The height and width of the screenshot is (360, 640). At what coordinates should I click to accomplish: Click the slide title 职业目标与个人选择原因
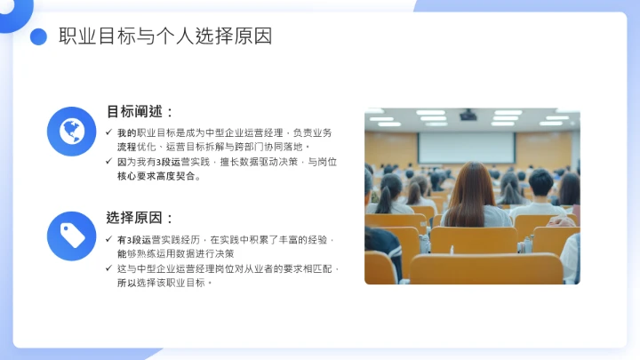tap(165, 36)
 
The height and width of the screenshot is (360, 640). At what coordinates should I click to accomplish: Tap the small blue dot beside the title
tap(38, 36)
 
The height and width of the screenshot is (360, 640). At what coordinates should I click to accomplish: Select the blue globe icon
tap(71, 132)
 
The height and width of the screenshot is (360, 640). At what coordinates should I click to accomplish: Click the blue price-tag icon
tap(71, 236)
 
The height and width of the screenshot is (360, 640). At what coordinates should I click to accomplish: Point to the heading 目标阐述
tap(140, 112)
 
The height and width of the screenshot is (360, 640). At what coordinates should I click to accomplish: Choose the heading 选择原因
tap(140, 218)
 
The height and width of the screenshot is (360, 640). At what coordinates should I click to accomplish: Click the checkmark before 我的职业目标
tap(108, 132)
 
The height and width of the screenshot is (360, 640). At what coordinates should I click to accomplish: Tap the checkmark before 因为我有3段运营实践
tap(108, 163)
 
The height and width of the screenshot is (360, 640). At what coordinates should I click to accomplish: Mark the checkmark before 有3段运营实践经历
tap(108, 240)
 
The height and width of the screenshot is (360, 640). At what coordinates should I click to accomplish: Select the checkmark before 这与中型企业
tap(108, 268)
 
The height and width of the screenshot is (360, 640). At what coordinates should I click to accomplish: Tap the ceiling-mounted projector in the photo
tap(468, 115)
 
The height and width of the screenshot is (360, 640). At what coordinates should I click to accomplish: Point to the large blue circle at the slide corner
tap(11, 9)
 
